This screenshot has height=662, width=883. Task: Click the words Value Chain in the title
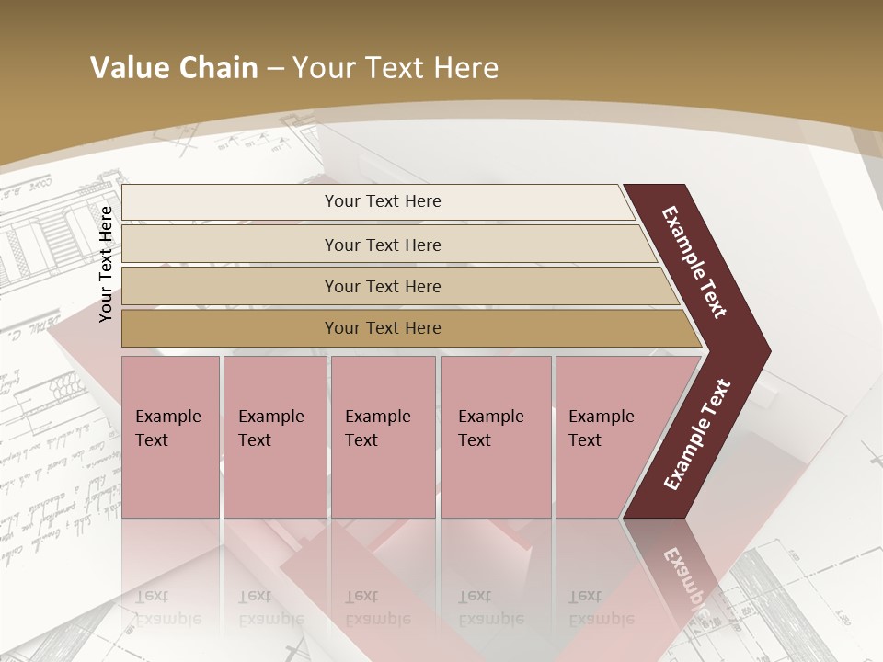(174, 68)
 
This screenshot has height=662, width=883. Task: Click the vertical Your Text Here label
(106, 264)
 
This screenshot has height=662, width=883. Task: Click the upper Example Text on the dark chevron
(694, 262)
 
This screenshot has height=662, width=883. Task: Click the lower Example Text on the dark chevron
(697, 435)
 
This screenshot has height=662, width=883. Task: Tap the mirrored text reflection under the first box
(167, 608)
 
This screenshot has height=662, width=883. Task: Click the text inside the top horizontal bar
(383, 201)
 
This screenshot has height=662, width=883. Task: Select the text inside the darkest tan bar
(383, 328)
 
